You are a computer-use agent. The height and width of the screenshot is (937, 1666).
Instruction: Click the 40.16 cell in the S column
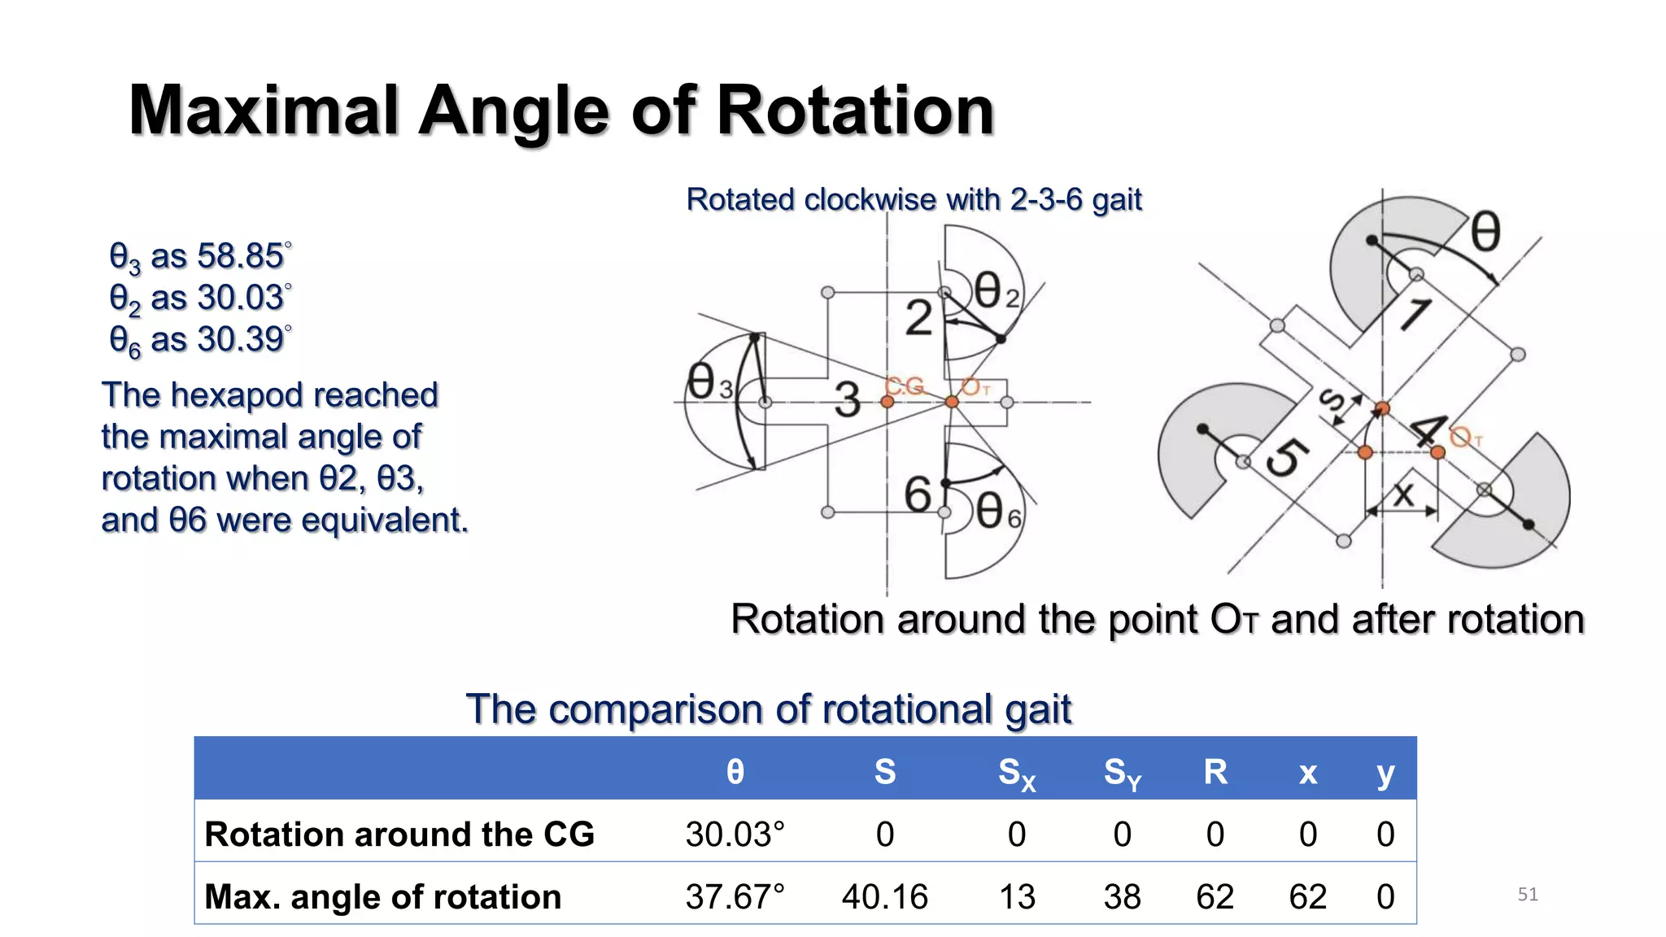click(x=884, y=896)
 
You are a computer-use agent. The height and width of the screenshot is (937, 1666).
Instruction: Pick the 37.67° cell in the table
click(x=735, y=896)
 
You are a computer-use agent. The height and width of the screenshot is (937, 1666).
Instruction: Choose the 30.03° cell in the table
click(x=735, y=835)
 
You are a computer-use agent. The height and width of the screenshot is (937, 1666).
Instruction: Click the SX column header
click(x=1016, y=772)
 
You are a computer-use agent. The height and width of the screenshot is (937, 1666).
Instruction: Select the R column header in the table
click(x=1215, y=771)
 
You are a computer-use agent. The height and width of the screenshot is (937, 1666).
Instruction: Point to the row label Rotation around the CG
click(x=399, y=835)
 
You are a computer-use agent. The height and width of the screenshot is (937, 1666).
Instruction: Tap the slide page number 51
click(x=1527, y=895)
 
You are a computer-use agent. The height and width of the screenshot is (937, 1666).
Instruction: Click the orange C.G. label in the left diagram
click(x=905, y=386)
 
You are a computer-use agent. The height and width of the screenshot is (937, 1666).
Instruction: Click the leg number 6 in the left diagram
click(x=918, y=495)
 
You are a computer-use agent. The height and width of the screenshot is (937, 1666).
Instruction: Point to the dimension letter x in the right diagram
click(x=1403, y=494)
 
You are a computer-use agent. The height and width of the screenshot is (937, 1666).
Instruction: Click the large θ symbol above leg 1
click(x=1485, y=232)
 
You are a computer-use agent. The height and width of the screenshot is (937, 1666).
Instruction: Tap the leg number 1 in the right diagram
click(x=1415, y=314)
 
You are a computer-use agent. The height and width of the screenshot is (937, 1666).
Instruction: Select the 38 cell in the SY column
click(x=1122, y=896)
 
